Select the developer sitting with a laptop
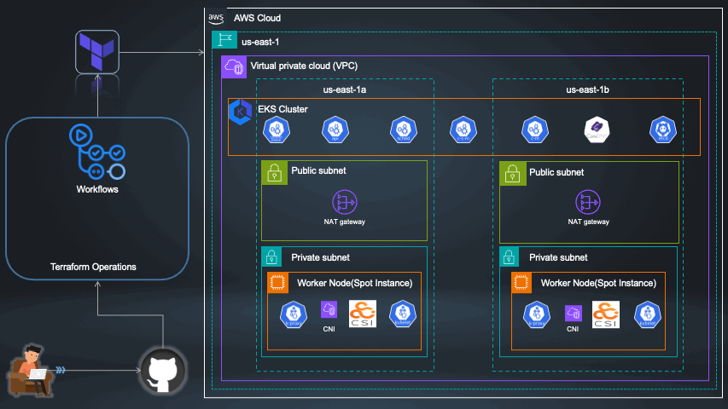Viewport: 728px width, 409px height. (x=30, y=372)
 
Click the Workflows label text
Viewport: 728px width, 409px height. (x=96, y=189)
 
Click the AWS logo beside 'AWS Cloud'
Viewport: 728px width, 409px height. (x=216, y=18)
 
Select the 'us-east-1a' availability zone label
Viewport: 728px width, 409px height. (x=345, y=89)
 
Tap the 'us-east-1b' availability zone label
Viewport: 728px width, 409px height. (x=588, y=89)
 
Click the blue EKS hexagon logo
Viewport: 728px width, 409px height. (x=241, y=114)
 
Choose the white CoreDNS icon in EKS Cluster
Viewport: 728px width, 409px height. (x=595, y=129)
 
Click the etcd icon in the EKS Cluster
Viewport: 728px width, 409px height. (x=661, y=129)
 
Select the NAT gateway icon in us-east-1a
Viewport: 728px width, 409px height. (x=344, y=201)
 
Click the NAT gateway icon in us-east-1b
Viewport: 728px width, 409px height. (x=589, y=201)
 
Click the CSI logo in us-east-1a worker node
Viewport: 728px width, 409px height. (x=363, y=314)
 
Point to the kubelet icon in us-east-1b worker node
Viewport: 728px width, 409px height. (x=647, y=314)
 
